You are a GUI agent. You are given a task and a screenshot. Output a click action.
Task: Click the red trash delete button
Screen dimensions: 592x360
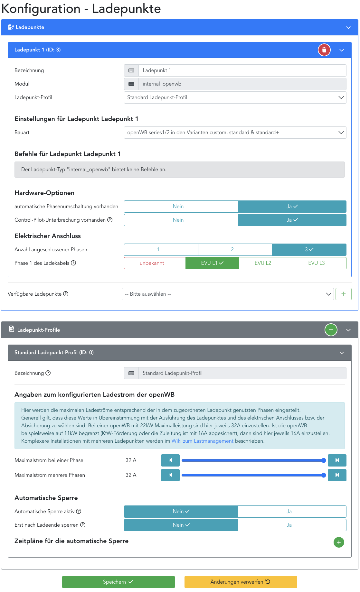click(324, 50)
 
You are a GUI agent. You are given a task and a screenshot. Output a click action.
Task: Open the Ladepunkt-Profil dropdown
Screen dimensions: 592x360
click(235, 97)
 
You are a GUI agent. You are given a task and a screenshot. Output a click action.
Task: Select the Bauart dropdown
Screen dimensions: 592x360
click(235, 133)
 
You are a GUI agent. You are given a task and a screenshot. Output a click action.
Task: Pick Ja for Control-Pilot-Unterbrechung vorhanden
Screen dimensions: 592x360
click(292, 220)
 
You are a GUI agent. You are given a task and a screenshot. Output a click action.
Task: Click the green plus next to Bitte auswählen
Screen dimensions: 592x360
click(343, 294)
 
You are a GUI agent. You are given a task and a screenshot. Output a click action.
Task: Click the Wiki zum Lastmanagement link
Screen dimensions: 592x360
click(202, 441)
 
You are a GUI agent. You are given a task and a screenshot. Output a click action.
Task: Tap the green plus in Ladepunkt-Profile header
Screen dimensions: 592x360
click(331, 330)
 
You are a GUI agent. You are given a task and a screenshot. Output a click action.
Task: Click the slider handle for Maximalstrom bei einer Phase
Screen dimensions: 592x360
click(324, 460)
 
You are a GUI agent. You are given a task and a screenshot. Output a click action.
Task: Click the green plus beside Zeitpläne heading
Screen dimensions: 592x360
click(339, 542)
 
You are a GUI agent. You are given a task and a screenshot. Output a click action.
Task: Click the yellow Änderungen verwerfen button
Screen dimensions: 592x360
click(241, 582)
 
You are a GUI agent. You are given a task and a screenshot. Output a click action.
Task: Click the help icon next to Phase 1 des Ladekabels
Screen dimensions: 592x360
click(73, 263)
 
